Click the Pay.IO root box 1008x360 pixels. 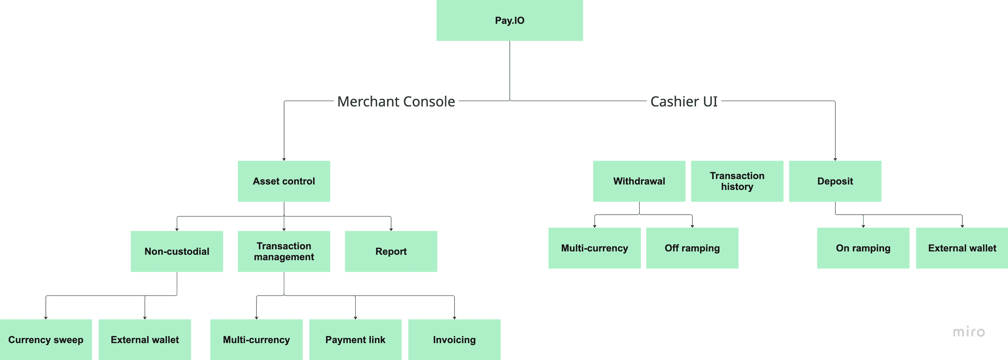tap(510, 20)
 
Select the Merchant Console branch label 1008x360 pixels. tap(396, 101)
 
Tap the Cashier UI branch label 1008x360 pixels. tap(684, 101)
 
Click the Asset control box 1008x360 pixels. tap(284, 181)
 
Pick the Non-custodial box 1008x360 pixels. tap(177, 251)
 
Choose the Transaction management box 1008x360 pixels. tap(284, 251)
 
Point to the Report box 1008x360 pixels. tap(391, 251)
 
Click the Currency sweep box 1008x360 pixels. tap(46, 339)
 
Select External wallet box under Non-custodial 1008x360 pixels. tap(145, 339)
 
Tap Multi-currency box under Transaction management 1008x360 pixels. tap(256, 339)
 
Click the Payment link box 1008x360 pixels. tap(355, 339)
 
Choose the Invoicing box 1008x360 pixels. tap(454, 339)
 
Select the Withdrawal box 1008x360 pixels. tap(639, 181)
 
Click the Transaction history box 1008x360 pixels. tap(737, 181)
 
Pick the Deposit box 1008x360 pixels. tap(835, 181)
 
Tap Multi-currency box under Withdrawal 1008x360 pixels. tap(594, 248)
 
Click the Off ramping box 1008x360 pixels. tap(692, 248)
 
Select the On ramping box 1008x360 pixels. tap(863, 248)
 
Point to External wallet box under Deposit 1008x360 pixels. tap(962, 248)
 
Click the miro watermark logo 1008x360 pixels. tap(968, 332)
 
